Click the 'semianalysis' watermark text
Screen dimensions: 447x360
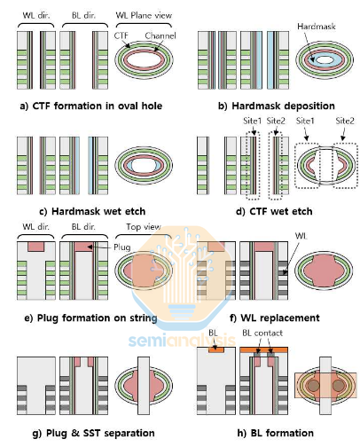182,338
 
